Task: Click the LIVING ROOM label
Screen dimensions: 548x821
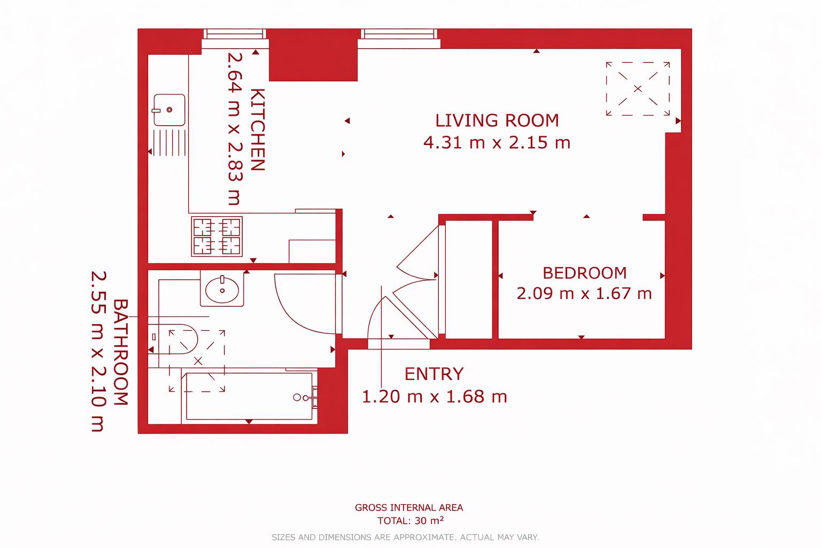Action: (497, 120)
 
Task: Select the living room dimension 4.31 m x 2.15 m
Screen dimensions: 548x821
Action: (497, 143)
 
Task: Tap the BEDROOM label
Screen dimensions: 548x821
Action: (584, 273)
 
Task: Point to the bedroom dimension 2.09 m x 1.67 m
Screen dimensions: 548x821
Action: (584, 294)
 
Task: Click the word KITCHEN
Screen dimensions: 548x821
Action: (258, 130)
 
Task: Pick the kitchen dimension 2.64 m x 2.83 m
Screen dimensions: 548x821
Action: (234, 128)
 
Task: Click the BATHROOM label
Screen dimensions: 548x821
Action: (121, 352)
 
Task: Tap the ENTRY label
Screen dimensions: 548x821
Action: (433, 374)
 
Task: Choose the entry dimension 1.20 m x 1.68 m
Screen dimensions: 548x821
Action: (434, 397)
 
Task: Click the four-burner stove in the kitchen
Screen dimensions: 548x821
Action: (217, 236)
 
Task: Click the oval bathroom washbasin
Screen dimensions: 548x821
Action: (222, 289)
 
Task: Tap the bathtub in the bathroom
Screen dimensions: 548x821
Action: (249, 397)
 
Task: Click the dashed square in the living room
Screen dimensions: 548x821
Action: (637, 88)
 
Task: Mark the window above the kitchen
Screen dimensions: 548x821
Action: (235, 34)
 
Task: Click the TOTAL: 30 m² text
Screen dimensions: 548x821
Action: (409, 521)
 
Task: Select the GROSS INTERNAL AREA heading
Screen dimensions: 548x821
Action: (409, 507)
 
